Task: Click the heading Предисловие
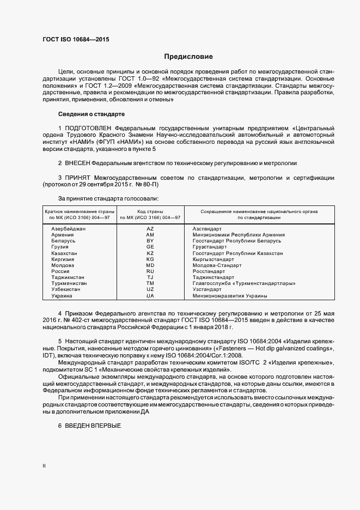tap(189, 57)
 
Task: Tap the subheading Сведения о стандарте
tap(91, 114)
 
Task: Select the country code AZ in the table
tap(150, 228)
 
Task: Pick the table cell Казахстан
tap(64, 253)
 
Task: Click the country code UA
tap(150, 295)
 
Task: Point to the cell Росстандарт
tap(209, 271)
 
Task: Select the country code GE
tap(150, 247)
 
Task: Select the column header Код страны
tap(150, 210)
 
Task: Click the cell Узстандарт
tap(207, 289)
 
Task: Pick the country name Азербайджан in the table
tap(68, 228)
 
